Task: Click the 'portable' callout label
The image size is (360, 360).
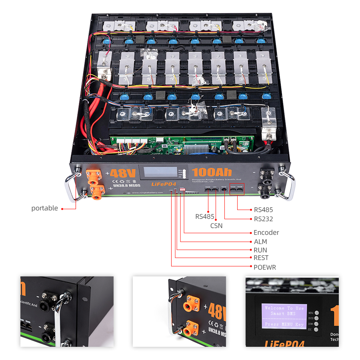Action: point(44,208)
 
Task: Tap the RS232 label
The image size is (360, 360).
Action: point(263,219)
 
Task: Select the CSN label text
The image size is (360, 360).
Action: point(216,226)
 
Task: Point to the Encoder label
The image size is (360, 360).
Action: point(266,232)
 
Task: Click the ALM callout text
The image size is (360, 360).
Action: point(260,242)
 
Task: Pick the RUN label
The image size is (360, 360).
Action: point(260,250)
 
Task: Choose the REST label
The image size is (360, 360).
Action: point(261,258)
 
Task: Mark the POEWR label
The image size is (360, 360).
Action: point(265,267)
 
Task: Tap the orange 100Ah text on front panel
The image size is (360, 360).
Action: point(212,173)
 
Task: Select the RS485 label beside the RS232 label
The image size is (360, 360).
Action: point(263,209)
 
